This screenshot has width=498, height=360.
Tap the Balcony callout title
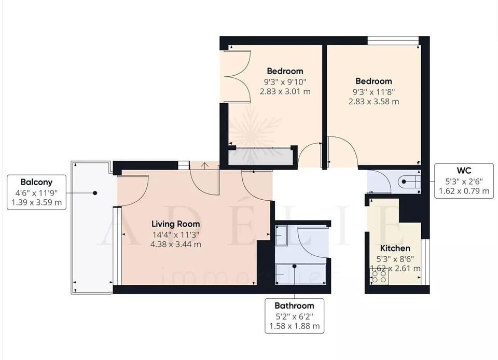(x=36, y=182)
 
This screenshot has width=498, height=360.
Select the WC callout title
(x=464, y=170)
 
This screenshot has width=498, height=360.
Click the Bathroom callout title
(x=295, y=306)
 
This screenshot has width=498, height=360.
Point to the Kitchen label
(x=395, y=248)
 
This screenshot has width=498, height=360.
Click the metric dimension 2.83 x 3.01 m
(x=285, y=91)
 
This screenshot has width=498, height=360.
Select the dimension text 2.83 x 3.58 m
(x=374, y=102)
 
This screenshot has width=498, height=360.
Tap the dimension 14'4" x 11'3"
(x=176, y=234)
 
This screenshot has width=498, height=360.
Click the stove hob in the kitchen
(x=378, y=277)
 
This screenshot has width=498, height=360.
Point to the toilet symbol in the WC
(x=408, y=182)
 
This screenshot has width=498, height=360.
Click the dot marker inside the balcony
(x=95, y=193)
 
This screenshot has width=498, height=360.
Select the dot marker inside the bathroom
(x=295, y=266)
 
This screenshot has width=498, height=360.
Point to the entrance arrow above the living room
(x=205, y=165)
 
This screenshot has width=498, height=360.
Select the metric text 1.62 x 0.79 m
(x=464, y=191)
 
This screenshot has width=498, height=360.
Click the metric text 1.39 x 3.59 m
(x=36, y=203)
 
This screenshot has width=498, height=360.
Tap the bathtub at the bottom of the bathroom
(x=301, y=272)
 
